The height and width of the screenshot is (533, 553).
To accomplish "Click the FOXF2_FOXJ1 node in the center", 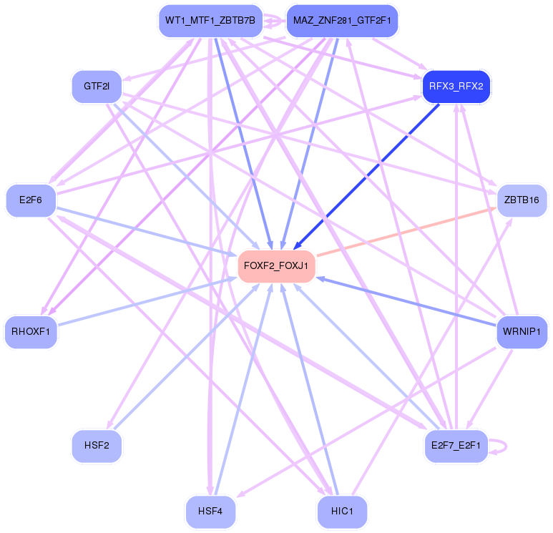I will [276, 266].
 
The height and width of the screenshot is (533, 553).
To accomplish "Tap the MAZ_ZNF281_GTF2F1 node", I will [342, 20].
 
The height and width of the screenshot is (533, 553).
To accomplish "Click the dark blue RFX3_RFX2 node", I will [456, 87].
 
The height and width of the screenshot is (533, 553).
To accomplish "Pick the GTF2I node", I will [96, 87].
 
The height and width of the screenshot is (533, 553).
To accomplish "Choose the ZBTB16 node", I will [521, 200].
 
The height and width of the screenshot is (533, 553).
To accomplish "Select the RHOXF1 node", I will [30, 332].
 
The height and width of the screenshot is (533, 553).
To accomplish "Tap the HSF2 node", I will [97, 445].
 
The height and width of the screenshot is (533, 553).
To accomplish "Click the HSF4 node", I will [210, 512].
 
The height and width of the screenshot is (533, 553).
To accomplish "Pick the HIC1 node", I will [342, 512].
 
